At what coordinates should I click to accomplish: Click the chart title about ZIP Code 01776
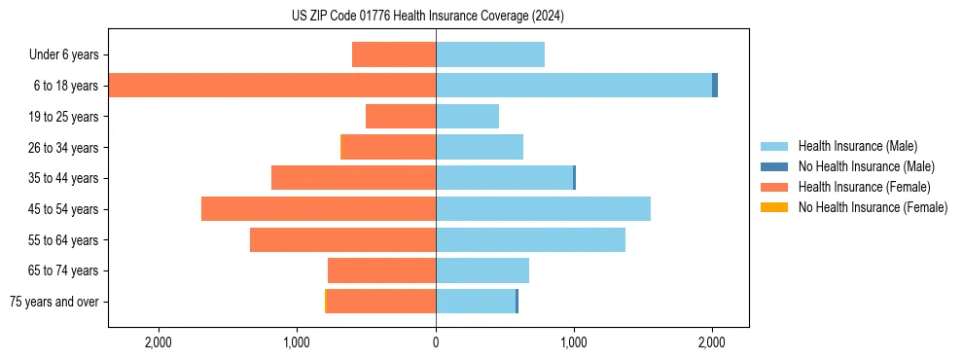pyautogui.click(x=428, y=16)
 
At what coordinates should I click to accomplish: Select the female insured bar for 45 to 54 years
pyautogui.click(x=318, y=209)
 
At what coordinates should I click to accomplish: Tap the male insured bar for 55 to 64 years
pyautogui.click(x=530, y=239)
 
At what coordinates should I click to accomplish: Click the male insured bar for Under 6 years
pyautogui.click(x=490, y=54)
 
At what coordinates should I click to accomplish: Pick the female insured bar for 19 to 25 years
pyautogui.click(x=401, y=117)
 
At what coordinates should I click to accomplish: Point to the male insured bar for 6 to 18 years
pyautogui.click(x=574, y=86)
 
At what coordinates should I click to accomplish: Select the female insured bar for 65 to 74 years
pyautogui.click(x=381, y=270)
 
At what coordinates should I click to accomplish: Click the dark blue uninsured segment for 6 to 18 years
pyautogui.click(x=715, y=86)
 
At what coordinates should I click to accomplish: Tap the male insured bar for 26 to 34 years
pyautogui.click(x=480, y=147)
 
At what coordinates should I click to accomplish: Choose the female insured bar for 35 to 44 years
pyautogui.click(x=353, y=178)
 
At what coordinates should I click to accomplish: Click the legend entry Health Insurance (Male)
pyautogui.click(x=857, y=146)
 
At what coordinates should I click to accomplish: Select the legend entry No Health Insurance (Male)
pyautogui.click(x=866, y=166)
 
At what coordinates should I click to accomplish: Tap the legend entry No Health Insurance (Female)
pyautogui.click(x=872, y=207)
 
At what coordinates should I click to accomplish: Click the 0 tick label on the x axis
pyautogui.click(x=436, y=342)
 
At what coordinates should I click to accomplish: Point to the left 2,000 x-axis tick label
pyautogui.click(x=158, y=342)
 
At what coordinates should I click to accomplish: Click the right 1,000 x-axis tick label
pyautogui.click(x=574, y=342)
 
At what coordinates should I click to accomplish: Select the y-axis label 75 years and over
pyautogui.click(x=53, y=302)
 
